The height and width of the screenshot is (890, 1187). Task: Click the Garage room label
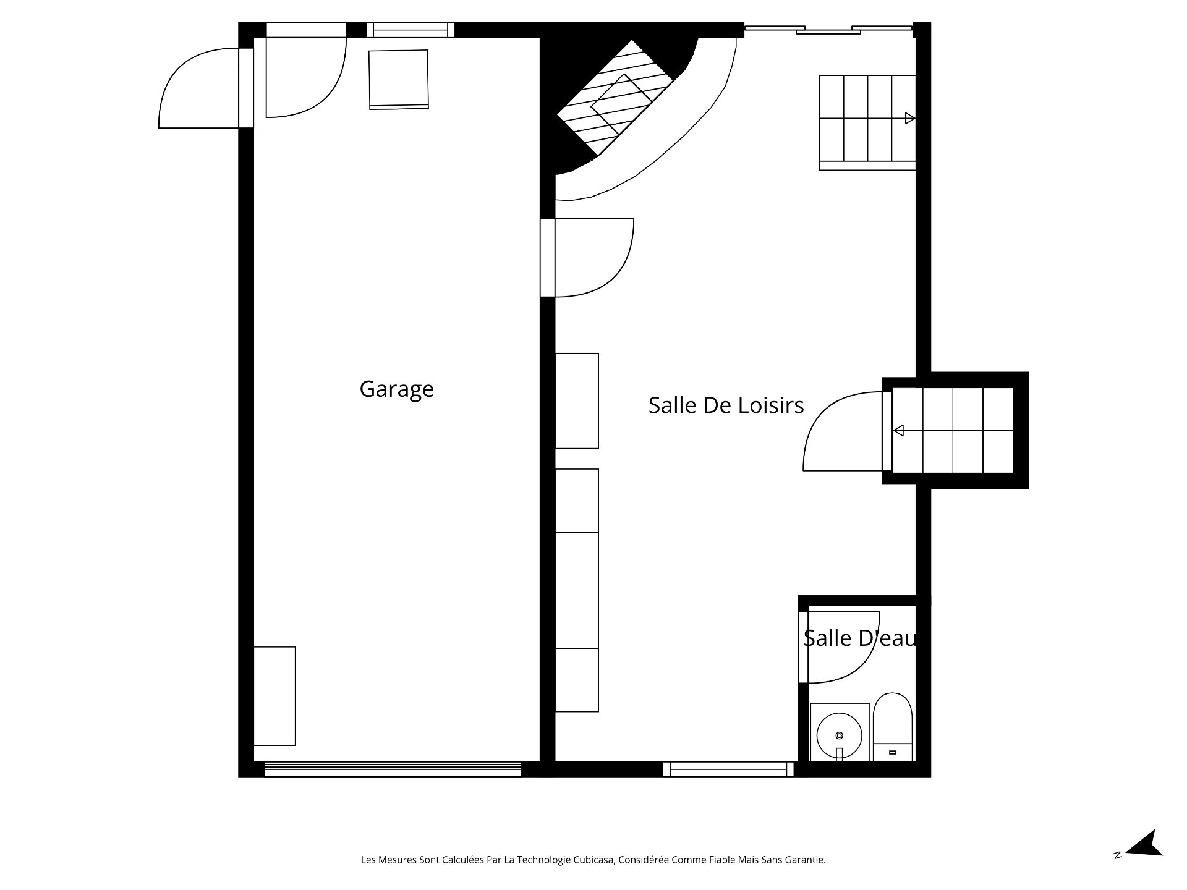396,389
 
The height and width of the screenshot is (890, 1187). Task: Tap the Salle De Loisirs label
726,405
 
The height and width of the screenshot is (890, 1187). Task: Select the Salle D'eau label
860,638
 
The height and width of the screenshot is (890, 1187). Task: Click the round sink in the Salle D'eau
839,735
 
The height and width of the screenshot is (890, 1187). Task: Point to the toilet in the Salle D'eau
893,727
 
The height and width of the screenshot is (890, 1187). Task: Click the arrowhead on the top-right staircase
909,118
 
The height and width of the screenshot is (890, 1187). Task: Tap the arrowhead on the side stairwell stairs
899,430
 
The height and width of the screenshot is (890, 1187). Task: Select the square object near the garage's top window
399,79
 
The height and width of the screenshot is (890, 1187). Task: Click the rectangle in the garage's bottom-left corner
274,696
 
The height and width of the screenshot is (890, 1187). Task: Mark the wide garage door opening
393,769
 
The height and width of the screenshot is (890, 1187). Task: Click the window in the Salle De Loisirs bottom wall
728,769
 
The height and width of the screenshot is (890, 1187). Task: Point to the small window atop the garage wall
411,30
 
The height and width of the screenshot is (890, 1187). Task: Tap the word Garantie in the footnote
807,860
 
